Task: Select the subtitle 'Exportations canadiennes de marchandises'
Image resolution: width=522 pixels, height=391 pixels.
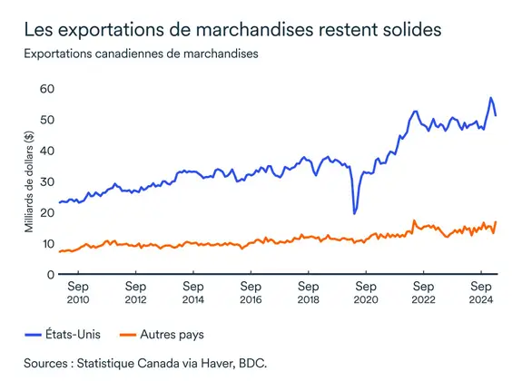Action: pos(141,54)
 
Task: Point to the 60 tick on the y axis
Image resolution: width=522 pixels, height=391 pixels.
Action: pos(47,89)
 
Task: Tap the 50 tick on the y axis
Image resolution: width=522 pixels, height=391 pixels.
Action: pos(47,120)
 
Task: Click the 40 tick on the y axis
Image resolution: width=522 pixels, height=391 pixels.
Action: pos(47,151)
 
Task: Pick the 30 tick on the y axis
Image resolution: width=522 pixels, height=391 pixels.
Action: pos(47,181)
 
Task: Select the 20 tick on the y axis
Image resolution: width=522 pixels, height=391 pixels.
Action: pos(47,212)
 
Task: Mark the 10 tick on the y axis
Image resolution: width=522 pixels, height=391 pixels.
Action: pos(47,243)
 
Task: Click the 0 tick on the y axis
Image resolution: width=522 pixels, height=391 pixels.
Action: pos(51,274)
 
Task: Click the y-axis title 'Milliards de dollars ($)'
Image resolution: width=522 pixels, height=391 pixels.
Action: pos(29,181)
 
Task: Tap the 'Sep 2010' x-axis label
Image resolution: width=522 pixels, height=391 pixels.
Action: pos(77,292)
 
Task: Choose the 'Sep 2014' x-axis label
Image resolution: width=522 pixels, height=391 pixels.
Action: pos(192,292)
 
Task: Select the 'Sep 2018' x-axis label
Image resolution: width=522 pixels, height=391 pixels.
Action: pos(308,292)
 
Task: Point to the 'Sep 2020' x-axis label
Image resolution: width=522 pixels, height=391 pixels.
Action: pos(365,292)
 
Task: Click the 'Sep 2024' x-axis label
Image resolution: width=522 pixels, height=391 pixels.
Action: pos(480,292)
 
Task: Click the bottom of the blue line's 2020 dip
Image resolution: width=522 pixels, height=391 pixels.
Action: pos(354,214)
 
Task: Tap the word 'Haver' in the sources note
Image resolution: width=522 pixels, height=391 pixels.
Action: pos(208,363)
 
